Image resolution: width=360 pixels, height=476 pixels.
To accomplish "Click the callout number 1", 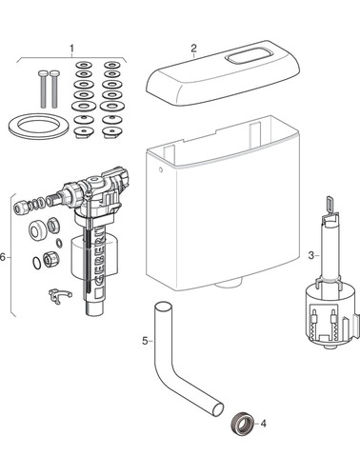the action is (x=71, y=49).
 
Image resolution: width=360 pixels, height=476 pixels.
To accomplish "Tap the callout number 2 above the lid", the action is (x=193, y=49).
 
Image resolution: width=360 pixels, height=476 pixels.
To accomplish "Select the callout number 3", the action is (x=311, y=255).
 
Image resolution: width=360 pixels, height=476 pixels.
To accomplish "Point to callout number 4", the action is (x=263, y=424).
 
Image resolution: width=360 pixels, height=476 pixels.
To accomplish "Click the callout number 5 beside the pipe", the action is (x=145, y=341).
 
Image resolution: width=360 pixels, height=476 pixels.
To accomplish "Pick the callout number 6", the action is (x=3, y=257).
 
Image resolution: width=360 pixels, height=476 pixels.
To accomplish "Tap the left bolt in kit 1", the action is (x=43, y=89).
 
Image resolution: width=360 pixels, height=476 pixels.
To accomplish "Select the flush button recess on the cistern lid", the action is (x=242, y=58).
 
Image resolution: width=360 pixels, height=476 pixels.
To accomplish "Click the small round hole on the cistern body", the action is (x=161, y=169).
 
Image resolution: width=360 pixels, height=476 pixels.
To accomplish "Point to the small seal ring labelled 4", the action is (x=242, y=423).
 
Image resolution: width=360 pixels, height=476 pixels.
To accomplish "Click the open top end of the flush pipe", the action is (x=163, y=307).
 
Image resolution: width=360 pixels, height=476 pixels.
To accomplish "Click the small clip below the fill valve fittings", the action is (x=60, y=296).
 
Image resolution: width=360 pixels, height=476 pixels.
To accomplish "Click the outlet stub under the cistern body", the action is (x=229, y=284).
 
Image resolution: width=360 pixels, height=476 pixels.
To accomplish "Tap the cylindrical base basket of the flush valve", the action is (x=330, y=316).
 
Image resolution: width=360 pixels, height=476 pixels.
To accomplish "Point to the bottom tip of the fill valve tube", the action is (x=94, y=313).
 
